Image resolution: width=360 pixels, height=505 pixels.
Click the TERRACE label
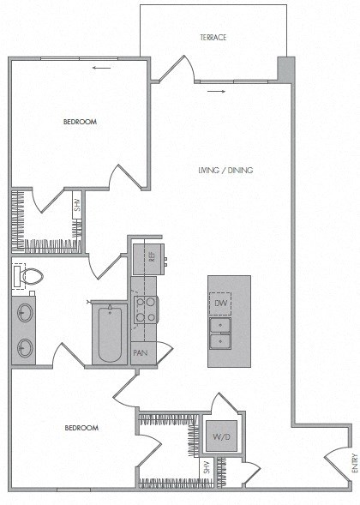click(214, 37)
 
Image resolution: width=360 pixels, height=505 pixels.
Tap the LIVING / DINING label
click(225, 171)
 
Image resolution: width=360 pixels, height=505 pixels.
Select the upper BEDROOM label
click(80, 123)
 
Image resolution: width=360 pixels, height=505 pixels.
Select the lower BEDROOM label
click(82, 428)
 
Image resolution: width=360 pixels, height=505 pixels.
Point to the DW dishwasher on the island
click(220, 304)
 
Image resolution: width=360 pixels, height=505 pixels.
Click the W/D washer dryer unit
click(222, 437)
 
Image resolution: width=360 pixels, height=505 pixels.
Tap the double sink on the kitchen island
click(220, 334)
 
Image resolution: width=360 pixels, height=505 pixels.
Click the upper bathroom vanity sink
click(25, 312)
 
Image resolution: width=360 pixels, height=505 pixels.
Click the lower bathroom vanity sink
click(25, 347)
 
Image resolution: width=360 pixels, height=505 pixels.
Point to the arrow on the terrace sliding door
click(221, 90)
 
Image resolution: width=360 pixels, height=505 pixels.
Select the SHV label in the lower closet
click(207, 468)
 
